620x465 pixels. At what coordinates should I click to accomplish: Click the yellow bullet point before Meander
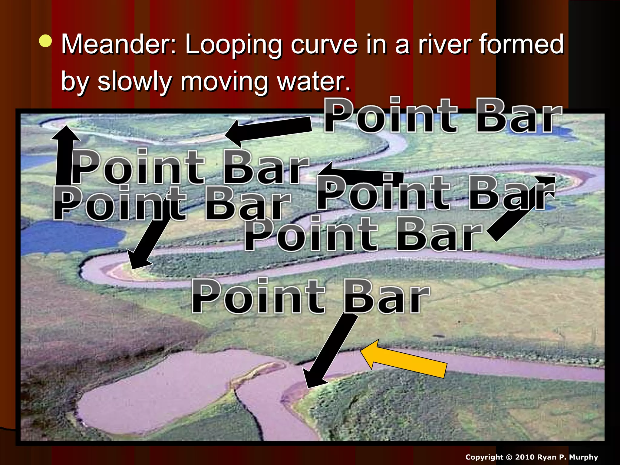click(x=46, y=41)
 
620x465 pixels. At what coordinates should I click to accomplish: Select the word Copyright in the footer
click(x=485, y=457)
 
